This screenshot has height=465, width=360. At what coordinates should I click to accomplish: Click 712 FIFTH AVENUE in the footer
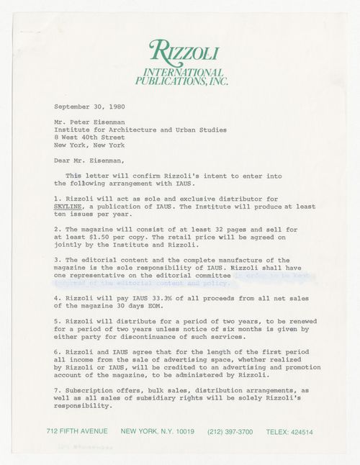coord(77,432)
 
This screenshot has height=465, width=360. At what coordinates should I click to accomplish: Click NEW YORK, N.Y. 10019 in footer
coord(157,432)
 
